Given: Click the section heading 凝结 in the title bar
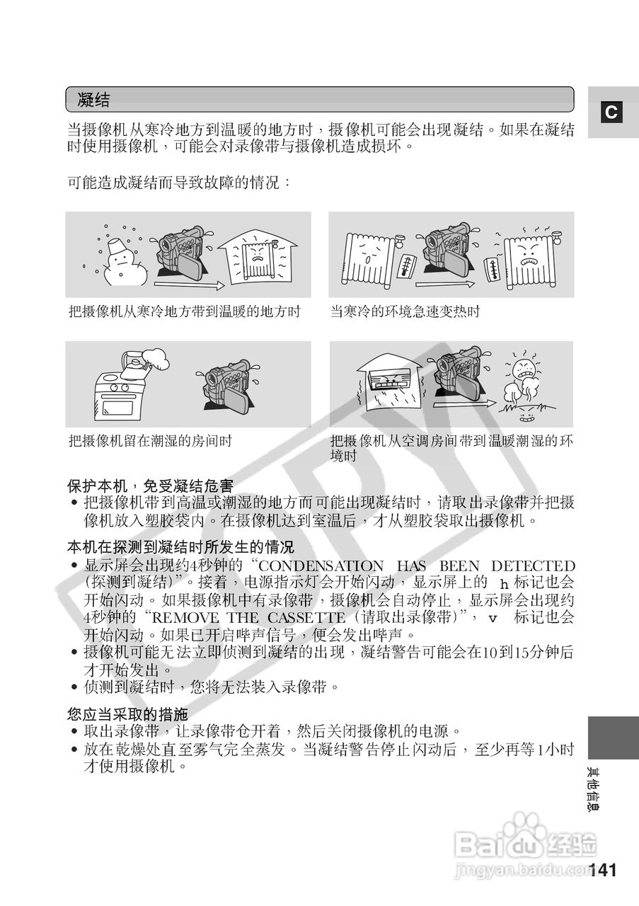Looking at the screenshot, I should pyautogui.click(x=94, y=100).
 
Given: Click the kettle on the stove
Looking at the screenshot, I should pyautogui.click(x=132, y=364).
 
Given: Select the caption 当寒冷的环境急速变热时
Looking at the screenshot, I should pyautogui.click(x=405, y=311).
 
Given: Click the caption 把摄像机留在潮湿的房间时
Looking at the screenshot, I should pyautogui.click(x=150, y=441).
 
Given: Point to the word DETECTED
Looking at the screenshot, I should pyautogui.click(x=533, y=566).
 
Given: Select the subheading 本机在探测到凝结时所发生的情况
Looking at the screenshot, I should pyautogui.click(x=180, y=547).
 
